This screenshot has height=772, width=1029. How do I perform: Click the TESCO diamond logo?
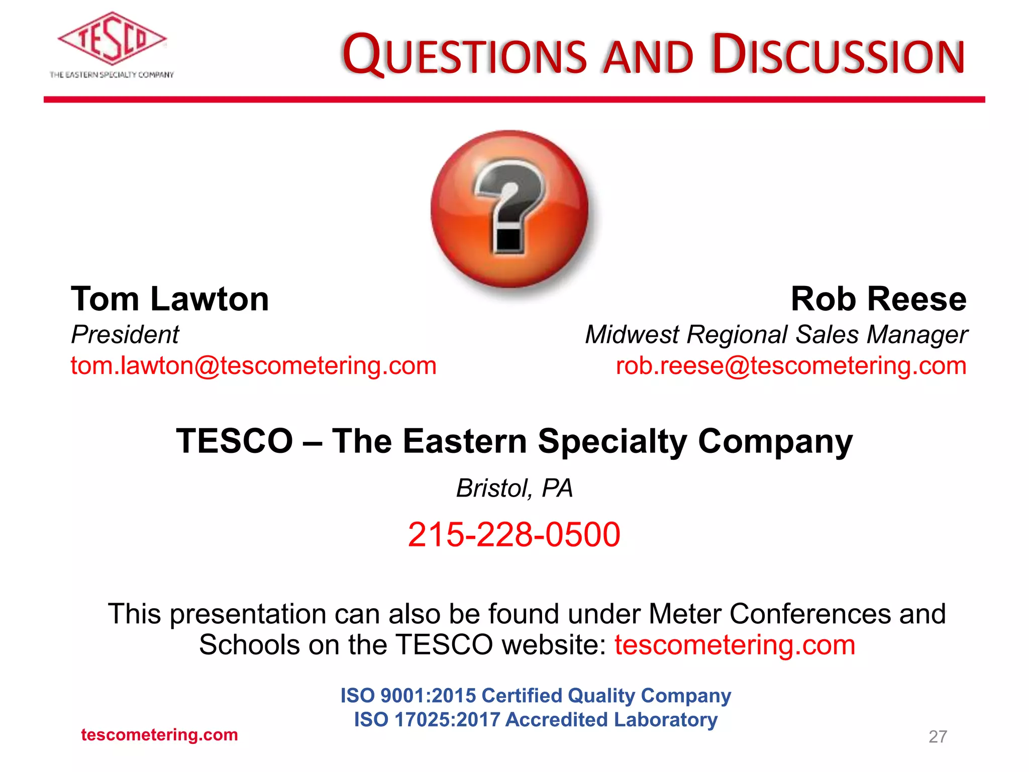(x=112, y=39)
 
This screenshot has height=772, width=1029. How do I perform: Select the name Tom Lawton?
(x=170, y=299)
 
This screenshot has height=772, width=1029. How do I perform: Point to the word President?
(x=125, y=335)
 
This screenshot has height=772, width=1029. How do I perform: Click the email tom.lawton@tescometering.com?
(x=254, y=366)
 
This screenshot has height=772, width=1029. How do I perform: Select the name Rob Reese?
(x=878, y=299)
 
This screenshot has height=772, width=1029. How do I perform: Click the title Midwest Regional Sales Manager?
(x=776, y=335)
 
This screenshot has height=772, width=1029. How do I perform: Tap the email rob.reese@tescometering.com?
(x=791, y=366)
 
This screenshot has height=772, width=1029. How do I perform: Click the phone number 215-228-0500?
(x=514, y=534)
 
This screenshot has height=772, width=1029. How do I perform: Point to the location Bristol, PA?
(x=514, y=488)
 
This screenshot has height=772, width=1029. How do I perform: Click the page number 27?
(x=938, y=736)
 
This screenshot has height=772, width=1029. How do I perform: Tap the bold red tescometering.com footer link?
(x=159, y=735)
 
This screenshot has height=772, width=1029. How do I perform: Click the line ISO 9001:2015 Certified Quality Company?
(x=536, y=696)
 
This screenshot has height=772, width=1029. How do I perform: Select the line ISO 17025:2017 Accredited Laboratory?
(x=536, y=720)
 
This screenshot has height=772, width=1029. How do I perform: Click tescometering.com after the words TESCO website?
(x=735, y=645)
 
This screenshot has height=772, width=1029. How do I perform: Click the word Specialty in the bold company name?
(x=612, y=441)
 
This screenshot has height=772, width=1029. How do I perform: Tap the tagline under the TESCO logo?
(x=112, y=75)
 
